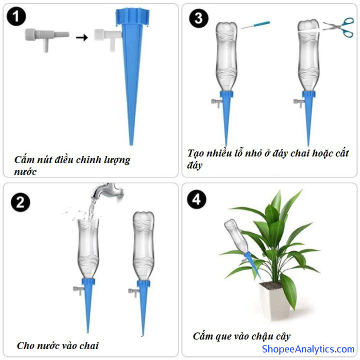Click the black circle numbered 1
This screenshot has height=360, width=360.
16,17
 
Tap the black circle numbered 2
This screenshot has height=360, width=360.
21,202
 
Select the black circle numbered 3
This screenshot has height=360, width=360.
199,18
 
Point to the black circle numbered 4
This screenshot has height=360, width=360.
197,199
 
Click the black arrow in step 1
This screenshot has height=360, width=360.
82,37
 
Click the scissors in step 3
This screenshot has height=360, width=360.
339,27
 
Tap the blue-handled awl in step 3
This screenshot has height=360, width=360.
256,25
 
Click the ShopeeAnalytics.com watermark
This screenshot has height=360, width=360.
308,349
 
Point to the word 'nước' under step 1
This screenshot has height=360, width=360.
25,172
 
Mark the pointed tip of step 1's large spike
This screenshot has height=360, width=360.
131,145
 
